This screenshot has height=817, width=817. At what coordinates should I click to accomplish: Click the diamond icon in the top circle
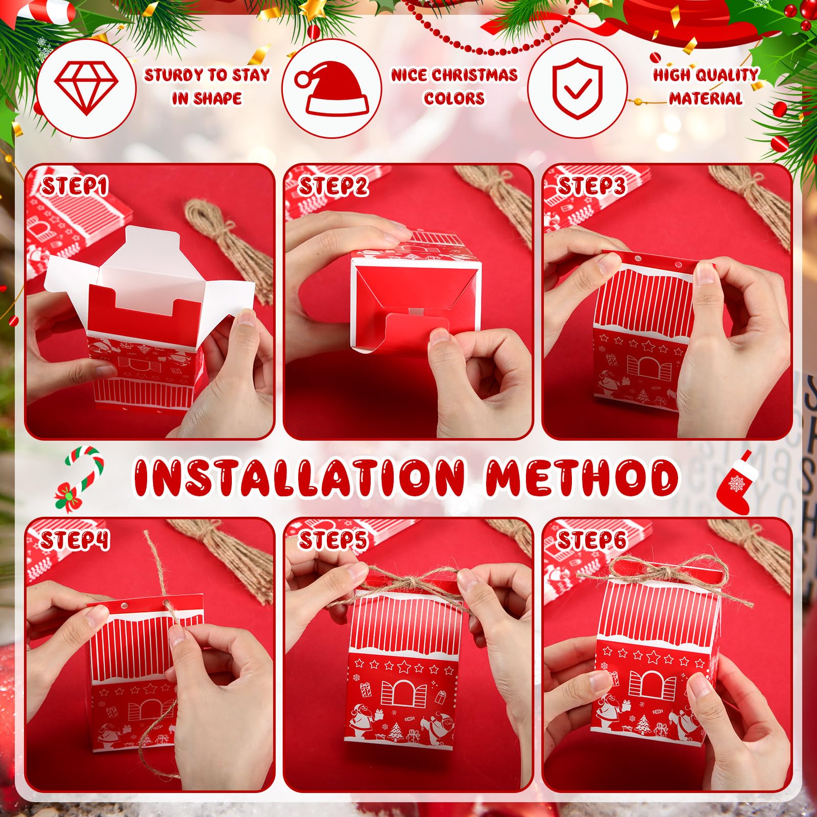point(86,88)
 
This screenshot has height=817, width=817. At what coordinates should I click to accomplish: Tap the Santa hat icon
point(333,88)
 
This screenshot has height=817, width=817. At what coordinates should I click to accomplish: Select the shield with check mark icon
point(578,88)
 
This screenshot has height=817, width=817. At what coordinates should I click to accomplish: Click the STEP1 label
point(75,186)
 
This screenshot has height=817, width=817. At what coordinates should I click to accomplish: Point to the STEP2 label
point(333,186)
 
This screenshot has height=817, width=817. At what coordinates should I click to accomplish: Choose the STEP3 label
point(591,186)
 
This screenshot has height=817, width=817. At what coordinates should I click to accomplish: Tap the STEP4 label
point(75,540)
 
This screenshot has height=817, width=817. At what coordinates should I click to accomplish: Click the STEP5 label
point(333,540)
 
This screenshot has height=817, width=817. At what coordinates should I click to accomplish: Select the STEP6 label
point(591,540)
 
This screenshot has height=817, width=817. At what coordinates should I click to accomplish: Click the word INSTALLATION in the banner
point(299,477)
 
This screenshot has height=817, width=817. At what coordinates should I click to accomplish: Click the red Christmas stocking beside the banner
point(736,482)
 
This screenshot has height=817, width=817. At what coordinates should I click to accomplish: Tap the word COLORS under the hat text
point(454,98)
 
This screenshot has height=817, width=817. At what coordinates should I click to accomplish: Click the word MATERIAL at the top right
point(706,98)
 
